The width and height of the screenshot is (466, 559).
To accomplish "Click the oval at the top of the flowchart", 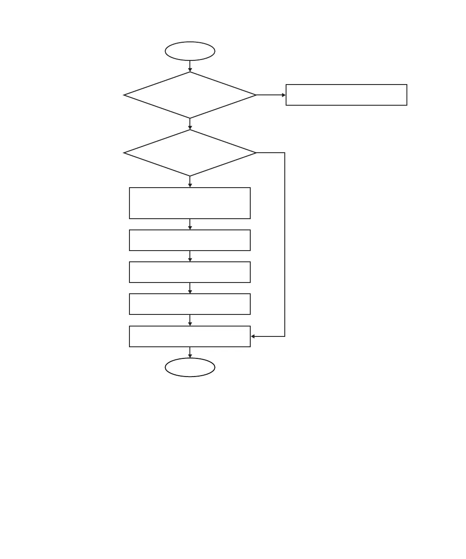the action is (190, 51).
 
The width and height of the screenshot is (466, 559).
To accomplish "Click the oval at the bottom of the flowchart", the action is (190, 367).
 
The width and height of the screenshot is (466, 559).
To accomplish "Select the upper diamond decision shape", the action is (190, 95).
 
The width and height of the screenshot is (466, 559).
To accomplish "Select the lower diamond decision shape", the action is (190, 153).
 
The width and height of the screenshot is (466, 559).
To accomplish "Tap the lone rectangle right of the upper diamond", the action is (346, 95).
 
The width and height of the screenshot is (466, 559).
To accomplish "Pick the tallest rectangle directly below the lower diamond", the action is (190, 203).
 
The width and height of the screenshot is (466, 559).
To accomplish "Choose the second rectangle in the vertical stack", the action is (190, 240).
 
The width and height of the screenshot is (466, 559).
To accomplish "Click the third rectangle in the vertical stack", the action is (190, 272).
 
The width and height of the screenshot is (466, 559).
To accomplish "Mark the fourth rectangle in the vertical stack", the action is (190, 304).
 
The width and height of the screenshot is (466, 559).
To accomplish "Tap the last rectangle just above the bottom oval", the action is (190, 336).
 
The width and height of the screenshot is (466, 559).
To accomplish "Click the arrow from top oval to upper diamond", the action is (190, 66).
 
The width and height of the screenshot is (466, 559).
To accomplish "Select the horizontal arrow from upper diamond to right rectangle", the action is (271, 95).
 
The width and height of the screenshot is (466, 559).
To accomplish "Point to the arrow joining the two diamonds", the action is (190, 124).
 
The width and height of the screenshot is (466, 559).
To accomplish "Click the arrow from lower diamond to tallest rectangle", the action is (190, 182).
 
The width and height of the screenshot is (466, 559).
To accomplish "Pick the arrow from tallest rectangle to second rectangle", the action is (190, 224).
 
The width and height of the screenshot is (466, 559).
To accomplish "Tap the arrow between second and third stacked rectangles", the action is (190, 256).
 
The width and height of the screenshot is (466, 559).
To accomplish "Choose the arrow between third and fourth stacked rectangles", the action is (190, 288).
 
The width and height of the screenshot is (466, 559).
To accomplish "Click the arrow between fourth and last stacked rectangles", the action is (190, 320).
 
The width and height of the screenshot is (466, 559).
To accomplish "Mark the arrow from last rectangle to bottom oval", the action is (190, 352).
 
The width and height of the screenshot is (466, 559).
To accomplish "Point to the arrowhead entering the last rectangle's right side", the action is (253, 336).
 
